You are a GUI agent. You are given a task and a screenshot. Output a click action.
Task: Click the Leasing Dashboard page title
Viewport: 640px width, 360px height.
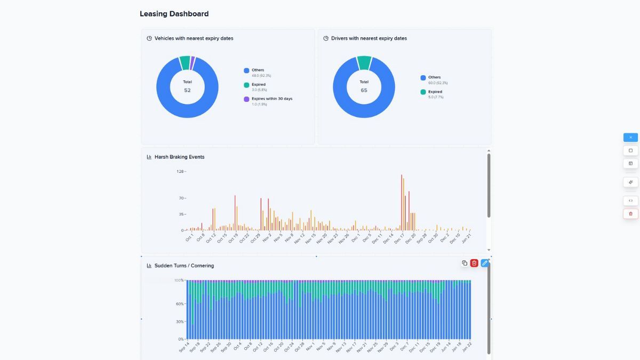coord(174,14)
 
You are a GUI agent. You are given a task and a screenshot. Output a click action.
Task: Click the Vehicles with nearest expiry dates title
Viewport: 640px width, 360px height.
coord(194,38)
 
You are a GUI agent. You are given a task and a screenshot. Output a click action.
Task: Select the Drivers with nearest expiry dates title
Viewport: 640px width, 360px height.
coord(369,38)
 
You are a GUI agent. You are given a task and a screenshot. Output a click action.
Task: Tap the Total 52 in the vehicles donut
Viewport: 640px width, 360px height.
coord(187,86)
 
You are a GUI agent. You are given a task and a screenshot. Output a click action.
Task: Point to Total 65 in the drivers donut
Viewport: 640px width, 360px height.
coord(364,86)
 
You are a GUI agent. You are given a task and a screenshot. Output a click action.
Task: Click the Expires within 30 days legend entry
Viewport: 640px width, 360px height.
coord(271,99)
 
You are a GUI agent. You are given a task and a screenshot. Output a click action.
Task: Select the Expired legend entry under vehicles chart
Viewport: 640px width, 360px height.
coord(258,85)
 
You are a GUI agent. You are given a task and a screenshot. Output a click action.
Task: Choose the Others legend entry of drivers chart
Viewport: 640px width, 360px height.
coord(434,77)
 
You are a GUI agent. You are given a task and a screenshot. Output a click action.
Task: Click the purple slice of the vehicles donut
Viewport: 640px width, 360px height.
coord(193,60)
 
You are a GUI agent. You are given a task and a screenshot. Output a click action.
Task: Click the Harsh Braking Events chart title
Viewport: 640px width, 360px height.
coord(179,157)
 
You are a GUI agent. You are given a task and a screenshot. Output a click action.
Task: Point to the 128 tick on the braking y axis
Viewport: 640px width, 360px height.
coord(180,172)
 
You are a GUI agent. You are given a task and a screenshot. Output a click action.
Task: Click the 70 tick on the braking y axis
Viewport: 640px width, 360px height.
coord(181,198)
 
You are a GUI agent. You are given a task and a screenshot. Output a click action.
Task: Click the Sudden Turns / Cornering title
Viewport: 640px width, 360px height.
coord(184,266)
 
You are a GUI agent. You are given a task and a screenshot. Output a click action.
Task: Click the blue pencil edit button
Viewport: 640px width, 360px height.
coord(485,263)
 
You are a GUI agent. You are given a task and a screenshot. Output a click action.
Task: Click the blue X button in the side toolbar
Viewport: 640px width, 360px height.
coord(630,138)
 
